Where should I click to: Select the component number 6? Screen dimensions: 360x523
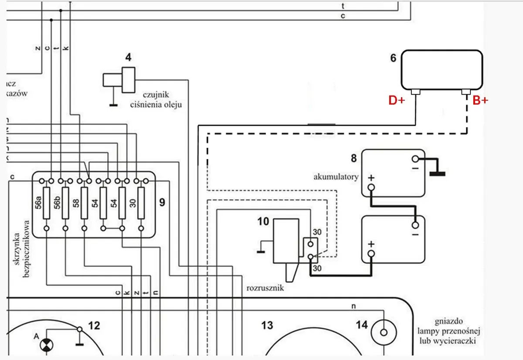tap(393, 58)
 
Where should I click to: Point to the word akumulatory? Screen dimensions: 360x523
tap(336, 177)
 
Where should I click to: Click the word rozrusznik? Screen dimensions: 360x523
tap(265, 288)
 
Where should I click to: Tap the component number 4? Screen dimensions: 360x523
tap(128, 57)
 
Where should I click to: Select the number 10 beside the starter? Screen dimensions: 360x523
tap(263, 221)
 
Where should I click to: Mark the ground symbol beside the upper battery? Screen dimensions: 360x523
tap(437, 173)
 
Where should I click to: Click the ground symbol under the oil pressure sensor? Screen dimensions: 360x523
tap(113, 105)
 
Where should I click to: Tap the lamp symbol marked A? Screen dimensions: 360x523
tap(45, 345)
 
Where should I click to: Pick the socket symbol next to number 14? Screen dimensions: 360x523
tap(384, 333)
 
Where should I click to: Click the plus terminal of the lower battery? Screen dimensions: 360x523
tap(371, 254)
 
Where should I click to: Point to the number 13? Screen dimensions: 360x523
tap(267, 325)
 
